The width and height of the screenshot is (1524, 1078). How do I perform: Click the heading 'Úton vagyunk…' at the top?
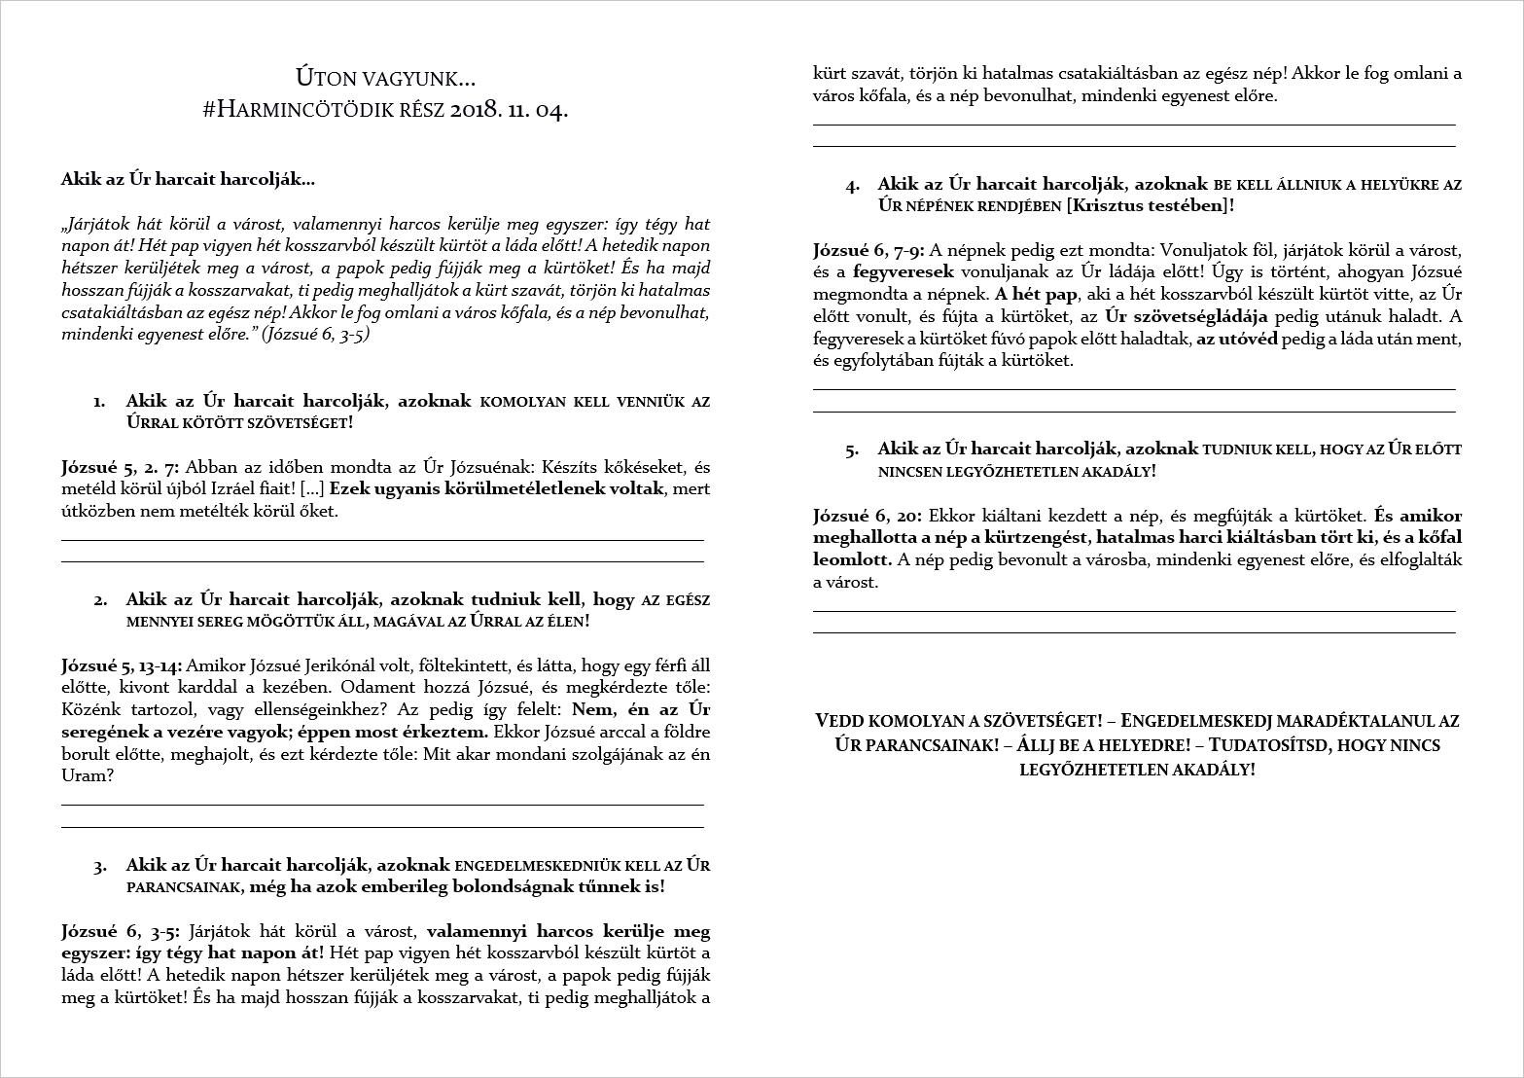[385, 77]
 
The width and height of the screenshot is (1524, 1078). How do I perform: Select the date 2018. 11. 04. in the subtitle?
[510, 109]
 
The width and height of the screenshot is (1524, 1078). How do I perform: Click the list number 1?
[99, 401]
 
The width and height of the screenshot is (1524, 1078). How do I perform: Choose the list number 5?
[852, 449]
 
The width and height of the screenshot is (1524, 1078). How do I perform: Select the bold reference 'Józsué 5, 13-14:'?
[121, 665]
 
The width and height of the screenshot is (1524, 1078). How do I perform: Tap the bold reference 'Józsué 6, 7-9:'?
[868, 249]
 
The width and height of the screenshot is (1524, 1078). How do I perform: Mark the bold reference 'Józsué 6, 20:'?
[866, 516]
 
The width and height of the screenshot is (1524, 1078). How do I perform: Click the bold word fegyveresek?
[904, 272]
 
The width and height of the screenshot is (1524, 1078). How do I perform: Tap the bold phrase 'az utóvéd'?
[1236, 339]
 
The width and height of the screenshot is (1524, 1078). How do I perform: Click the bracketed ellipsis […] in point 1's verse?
[313, 488]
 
